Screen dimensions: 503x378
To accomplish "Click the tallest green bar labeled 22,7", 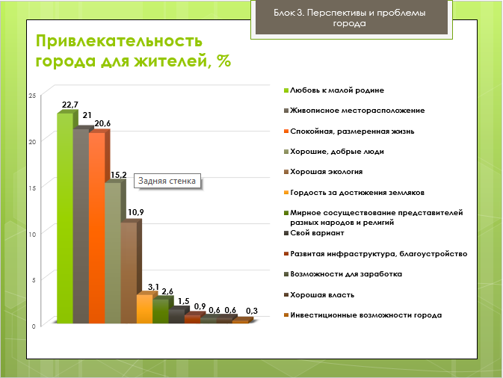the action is coord(65,218).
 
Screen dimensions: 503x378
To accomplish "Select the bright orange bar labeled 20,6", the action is coord(97,228).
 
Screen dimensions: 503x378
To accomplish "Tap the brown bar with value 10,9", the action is coord(129,273).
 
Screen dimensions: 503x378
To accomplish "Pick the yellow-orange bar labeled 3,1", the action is coord(145,309).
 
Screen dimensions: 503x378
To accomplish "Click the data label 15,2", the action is coord(119,175).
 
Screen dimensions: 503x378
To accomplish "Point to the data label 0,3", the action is coord(252,311).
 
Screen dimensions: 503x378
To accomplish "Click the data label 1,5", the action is coord(184,301).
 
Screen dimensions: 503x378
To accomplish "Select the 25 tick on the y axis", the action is coord(32,96).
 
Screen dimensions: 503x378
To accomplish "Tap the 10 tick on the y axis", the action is coord(32,235).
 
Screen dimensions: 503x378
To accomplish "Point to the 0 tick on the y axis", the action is coord(34,326).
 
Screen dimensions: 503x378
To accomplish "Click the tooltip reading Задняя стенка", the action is coord(167,181).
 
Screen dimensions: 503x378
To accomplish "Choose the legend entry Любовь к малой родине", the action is coord(334,90).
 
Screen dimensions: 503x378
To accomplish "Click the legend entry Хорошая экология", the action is coord(324,172).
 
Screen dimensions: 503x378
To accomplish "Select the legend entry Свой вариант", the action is coord(314,233).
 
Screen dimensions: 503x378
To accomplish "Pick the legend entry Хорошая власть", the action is coord(319,294).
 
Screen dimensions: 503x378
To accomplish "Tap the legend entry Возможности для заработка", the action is coord(343,274).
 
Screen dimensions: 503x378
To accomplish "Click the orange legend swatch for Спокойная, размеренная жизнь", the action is coord(286,131).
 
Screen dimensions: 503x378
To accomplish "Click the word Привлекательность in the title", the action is coord(119,41).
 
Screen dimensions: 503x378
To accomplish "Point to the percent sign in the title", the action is coord(223,61).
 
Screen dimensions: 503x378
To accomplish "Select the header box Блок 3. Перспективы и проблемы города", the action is coord(351,19).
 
